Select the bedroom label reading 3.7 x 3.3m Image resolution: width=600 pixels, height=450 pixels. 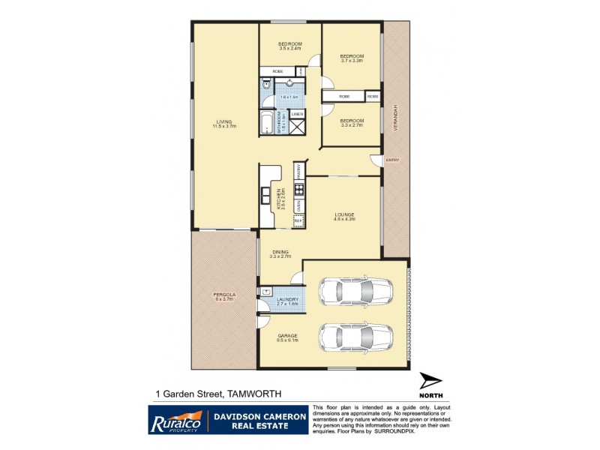(x=351, y=58)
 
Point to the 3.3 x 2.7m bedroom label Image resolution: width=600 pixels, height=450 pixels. (x=351, y=123)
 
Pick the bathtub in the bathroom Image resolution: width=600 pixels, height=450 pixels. (x=268, y=123)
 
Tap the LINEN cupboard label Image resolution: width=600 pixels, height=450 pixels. (x=297, y=115)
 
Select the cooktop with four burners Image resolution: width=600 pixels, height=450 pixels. (x=298, y=190)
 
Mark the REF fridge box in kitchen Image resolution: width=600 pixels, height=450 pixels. (x=298, y=220)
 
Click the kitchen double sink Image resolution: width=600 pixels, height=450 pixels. (x=266, y=196)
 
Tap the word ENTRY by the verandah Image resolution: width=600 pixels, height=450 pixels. (x=391, y=160)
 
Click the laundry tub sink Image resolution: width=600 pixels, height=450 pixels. (x=266, y=291)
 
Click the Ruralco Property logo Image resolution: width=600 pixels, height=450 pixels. (x=176, y=419)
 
